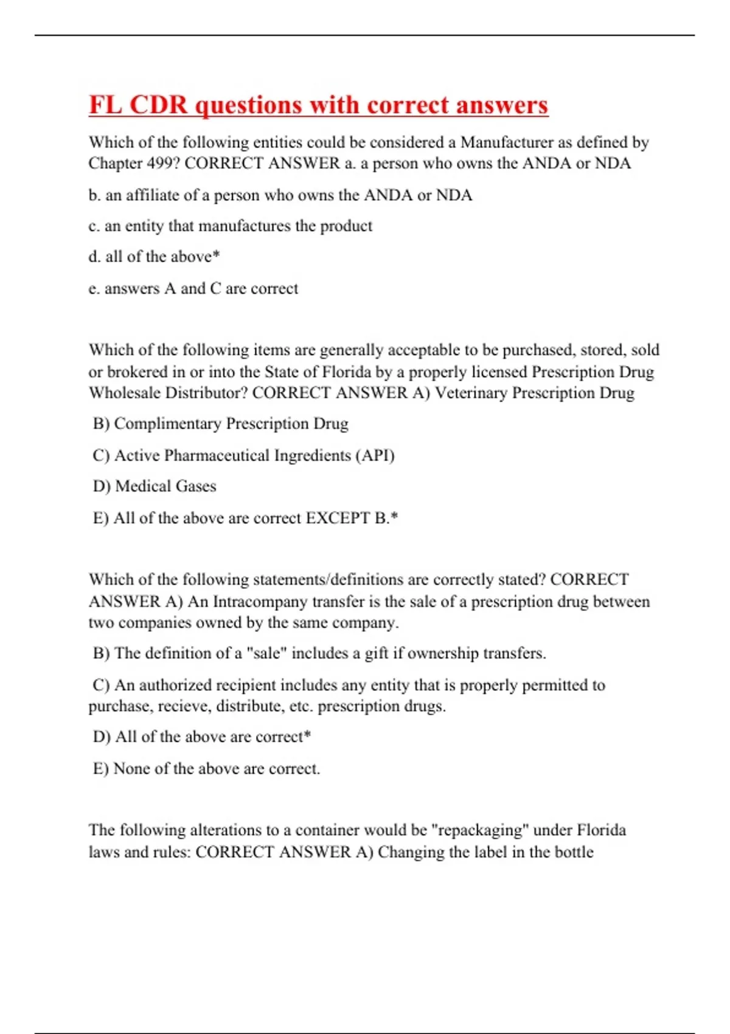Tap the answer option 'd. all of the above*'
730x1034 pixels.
[154, 257]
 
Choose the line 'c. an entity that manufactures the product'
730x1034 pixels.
[230, 226]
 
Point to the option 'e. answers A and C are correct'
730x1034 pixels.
[193, 288]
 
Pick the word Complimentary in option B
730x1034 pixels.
[167, 423]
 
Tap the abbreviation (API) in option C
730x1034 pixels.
[375, 455]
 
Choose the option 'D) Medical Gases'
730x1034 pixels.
[155, 486]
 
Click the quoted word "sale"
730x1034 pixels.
[266, 653]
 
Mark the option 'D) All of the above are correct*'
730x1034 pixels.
[202, 737]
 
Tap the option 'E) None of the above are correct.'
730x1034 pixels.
[206, 769]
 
